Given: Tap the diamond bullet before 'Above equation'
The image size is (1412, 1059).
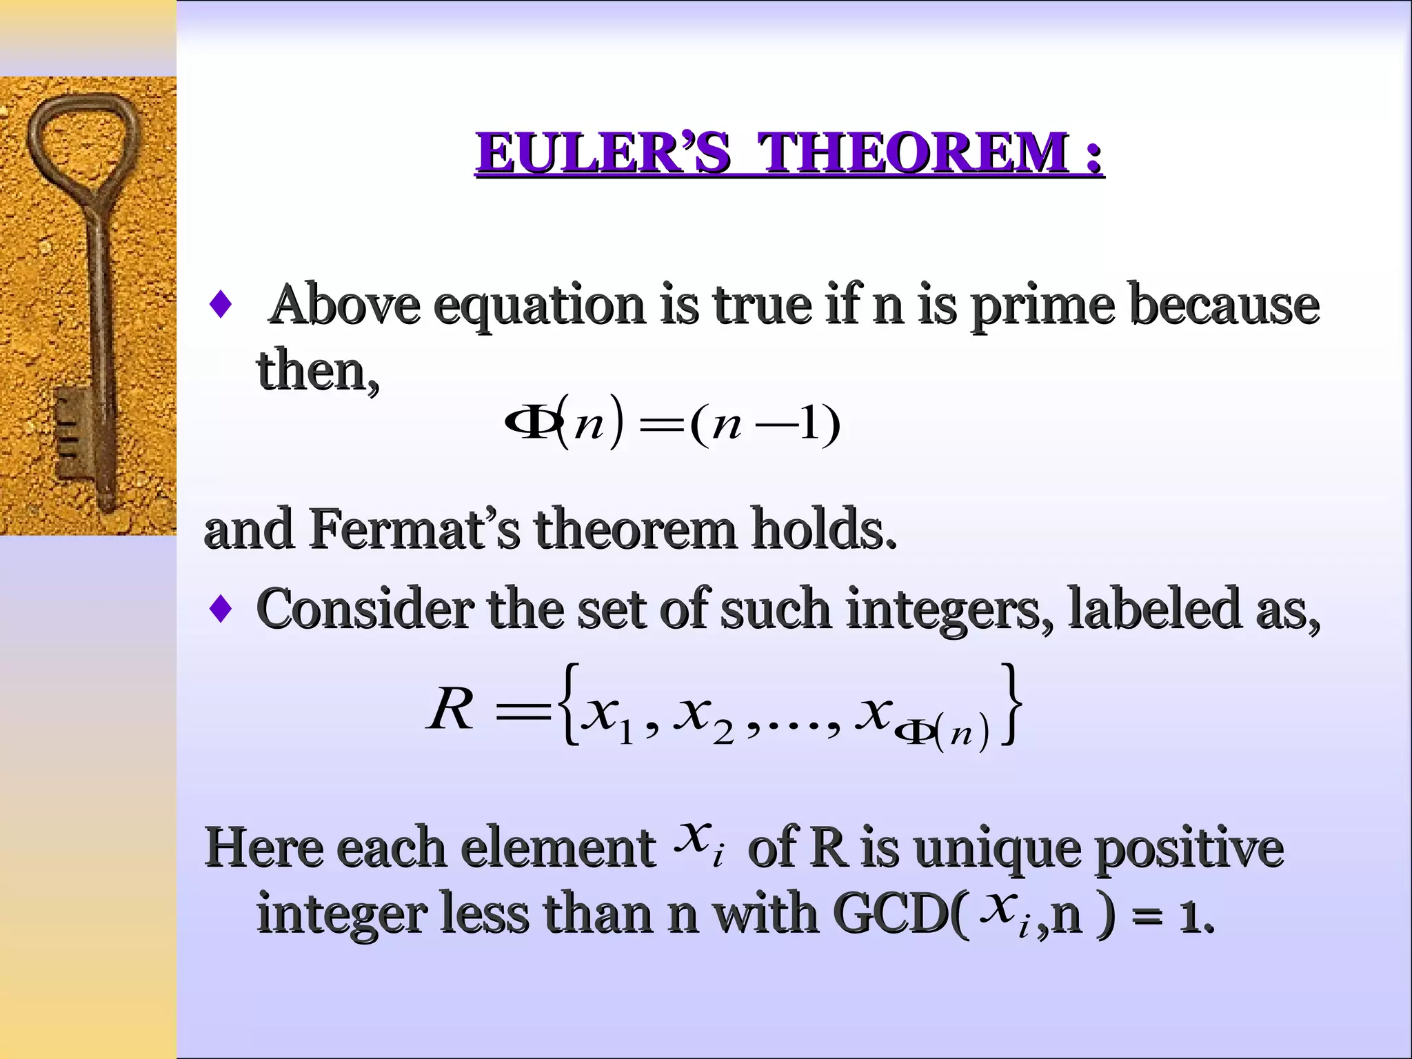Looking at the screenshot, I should click(x=220, y=304).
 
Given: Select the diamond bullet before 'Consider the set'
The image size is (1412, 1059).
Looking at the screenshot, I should click(x=220, y=609).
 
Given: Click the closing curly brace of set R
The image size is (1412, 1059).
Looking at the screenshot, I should click(x=1010, y=703).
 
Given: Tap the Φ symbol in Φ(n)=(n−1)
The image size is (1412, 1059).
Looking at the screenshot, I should click(x=527, y=422).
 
